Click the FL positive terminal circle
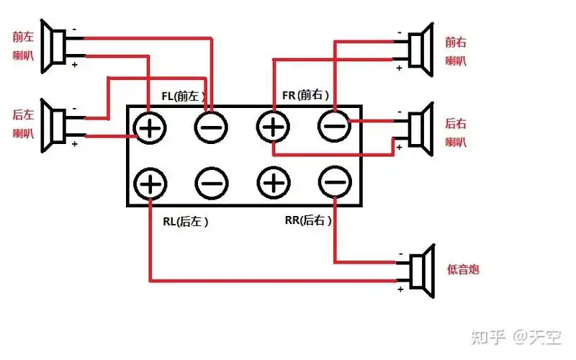[150, 129]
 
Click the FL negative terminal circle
[211, 129]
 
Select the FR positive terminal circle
[273, 129]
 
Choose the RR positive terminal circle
[273, 184]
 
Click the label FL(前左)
[184, 95]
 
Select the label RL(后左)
[185, 222]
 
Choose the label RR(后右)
[308, 220]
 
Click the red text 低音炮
[463, 270]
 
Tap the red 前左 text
[22, 36]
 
